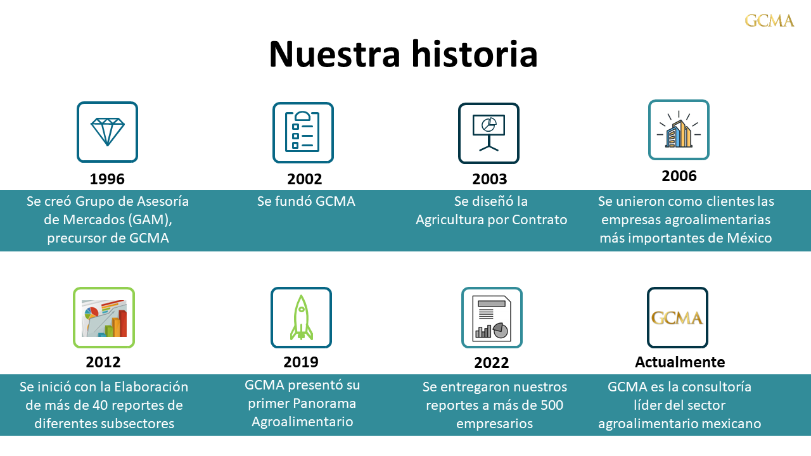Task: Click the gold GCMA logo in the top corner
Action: [x=769, y=21]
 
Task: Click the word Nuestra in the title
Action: [x=335, y=54]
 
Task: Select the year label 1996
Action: [x=107, y=179]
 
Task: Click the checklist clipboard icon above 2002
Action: [x=303, y=132]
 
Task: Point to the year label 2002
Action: [x=305, y=179]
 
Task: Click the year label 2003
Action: [x=490, y=179]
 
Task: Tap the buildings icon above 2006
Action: [x=679, y=130]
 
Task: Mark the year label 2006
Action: [x=679, y=176]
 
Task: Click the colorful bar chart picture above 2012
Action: [x=105, y=318]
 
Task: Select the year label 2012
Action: [x=103, y=362]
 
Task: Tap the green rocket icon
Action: [x=301, y=318]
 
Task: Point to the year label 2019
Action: [x=301, y=362]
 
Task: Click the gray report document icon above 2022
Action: [x=492, y=319]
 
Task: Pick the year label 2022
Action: [x=492, y=363]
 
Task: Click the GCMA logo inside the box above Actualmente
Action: [x=677, y=318]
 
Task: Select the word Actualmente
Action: [x=680, y=362]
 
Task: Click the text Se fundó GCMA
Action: [x=306, y=201]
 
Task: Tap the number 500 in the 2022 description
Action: [x=551, y=405]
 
